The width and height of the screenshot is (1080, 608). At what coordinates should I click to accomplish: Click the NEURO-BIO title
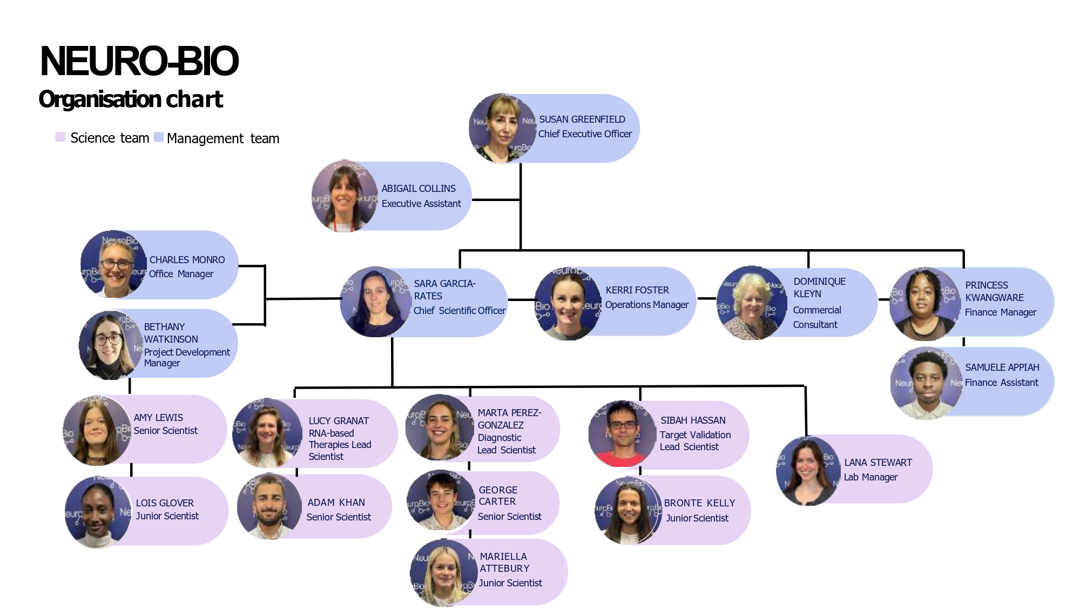click(x=139, y=61)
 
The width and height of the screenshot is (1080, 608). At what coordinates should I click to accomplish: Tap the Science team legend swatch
click(x=60, y=137)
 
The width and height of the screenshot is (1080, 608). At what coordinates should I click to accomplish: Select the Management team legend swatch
click(x=159, y=137)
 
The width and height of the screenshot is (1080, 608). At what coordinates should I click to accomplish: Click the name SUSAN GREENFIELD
click(x=582, y=119)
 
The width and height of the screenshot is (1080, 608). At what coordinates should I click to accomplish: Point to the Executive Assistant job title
click(x=421, y=204)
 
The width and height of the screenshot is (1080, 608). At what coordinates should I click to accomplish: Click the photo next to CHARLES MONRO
click(x=114, y=265)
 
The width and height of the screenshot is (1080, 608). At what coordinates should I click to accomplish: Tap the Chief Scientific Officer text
click(x=460, y=311)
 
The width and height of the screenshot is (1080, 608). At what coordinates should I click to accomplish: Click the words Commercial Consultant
click(x=816, y=317)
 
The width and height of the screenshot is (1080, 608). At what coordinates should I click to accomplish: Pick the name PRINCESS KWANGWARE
click(x=994, y=291)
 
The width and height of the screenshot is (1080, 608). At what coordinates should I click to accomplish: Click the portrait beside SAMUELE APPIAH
click(x=927, y=383)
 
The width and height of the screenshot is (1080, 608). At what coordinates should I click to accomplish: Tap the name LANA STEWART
click(x=878, y=463)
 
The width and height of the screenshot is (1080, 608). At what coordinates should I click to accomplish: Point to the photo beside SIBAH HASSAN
click(x=622, y=434)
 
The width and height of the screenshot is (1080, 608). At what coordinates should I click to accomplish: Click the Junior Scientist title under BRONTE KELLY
click(x=697, y=518)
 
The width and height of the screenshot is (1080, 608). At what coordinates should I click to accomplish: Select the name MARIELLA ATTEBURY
click(x=504, y=563)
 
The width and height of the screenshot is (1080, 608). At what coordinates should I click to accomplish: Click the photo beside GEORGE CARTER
click(x=441, y=501)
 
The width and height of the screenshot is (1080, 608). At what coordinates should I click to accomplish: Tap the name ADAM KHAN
click(x=336, y=503)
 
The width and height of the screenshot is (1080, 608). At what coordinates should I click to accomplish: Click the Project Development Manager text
click(x=186, y=358)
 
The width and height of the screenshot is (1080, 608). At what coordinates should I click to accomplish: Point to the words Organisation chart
click(x=131, y=99)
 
